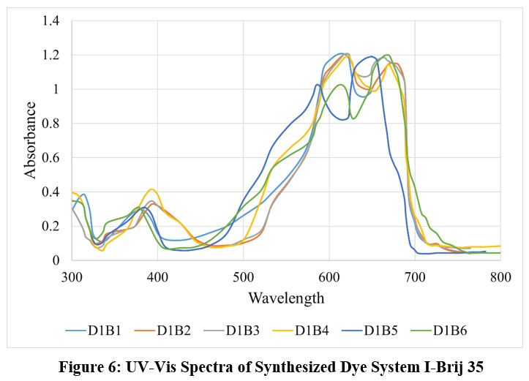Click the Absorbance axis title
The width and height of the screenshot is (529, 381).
[x=31, y=140]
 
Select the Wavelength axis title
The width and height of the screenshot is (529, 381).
[x=286, y=298]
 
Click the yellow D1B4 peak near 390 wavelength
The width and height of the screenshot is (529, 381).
[x=151, y=189]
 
